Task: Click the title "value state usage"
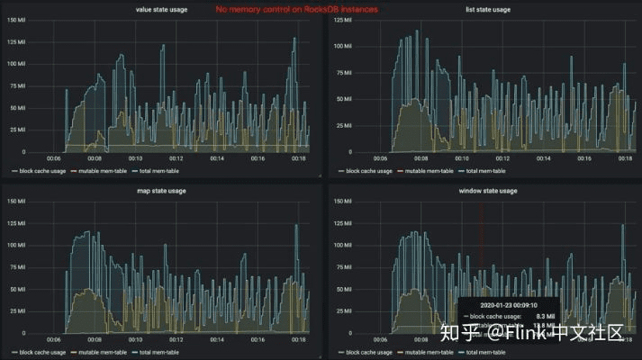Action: tap(160, 9)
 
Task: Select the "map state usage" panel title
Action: tap(160, 191)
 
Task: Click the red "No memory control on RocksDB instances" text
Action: tap(296, 9)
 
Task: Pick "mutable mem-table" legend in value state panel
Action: tap(95, 170)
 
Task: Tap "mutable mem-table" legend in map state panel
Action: tap(95, 351)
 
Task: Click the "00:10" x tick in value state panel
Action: tap(135, 158)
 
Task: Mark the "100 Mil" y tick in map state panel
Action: tap(16, 245)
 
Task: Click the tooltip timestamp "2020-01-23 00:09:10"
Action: tap(507, 304)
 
